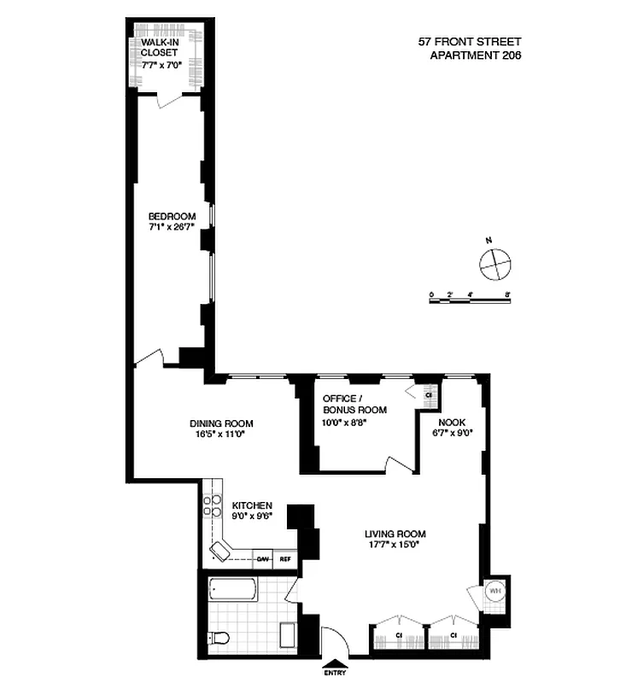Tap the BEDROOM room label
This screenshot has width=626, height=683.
(172, 215)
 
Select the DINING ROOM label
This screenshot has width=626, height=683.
(220, 423)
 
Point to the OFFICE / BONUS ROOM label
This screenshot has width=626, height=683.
(354, 404)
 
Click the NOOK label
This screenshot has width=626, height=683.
(450, 422)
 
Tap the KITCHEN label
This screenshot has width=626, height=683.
(252, 505)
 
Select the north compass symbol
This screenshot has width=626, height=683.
(494, 263)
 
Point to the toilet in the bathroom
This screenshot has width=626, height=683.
(221, 637)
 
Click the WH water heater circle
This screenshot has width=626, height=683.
(494, 589)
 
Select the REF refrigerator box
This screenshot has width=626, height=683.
(285, 560)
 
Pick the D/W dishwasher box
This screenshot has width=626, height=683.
(264, 560)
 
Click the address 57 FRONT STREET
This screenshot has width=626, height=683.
(469, 41)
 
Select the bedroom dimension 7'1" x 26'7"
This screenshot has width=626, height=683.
(172, 227)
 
